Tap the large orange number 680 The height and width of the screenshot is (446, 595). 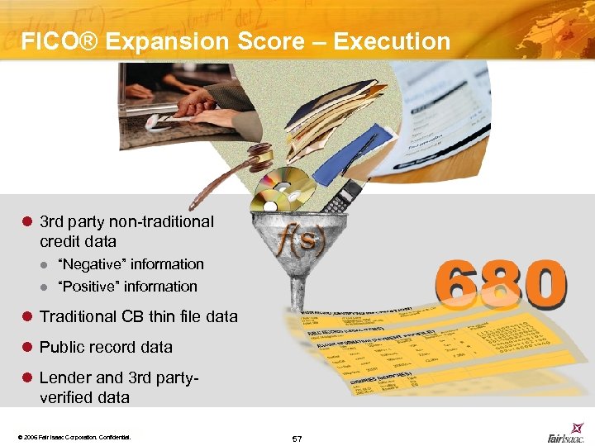501,285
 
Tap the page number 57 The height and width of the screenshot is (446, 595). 297,438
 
